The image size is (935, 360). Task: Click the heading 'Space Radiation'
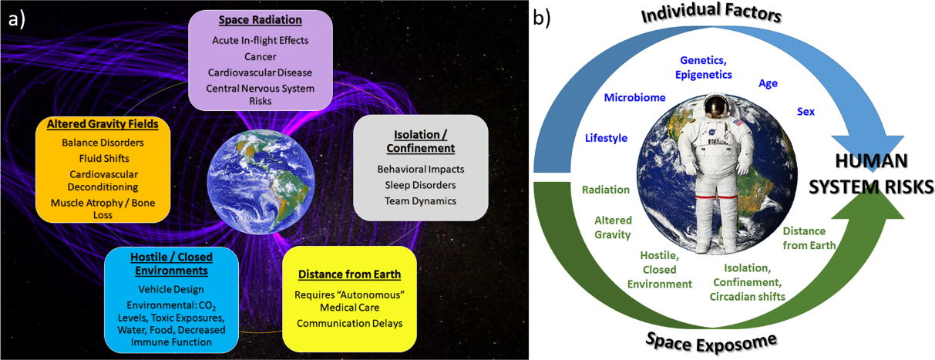pyautogui.click(x=261, y=21)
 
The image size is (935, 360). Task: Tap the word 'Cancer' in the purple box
pyautogui.click(x=261, y=56)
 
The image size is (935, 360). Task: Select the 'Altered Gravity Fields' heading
pyautogui.click(x=103, y=123)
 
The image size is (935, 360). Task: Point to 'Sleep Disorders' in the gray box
pyautogui.click(x=420, y=185)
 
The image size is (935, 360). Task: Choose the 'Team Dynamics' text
pyautogui.click(x=420, y=201)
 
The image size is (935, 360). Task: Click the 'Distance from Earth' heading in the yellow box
pyautogui.click(x=348, y=274)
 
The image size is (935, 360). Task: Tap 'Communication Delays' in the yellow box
pyautogui.click(x=348, y=323)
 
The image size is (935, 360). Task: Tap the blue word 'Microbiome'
pyautogui.click(x=634, y=99)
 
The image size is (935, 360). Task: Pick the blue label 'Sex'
pyautogui.click(x=806, y=112)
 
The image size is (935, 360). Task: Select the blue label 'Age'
pyautogui.click(x=769, y=83)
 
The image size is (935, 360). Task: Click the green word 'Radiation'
pyautogui.click(x=607, y=190)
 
